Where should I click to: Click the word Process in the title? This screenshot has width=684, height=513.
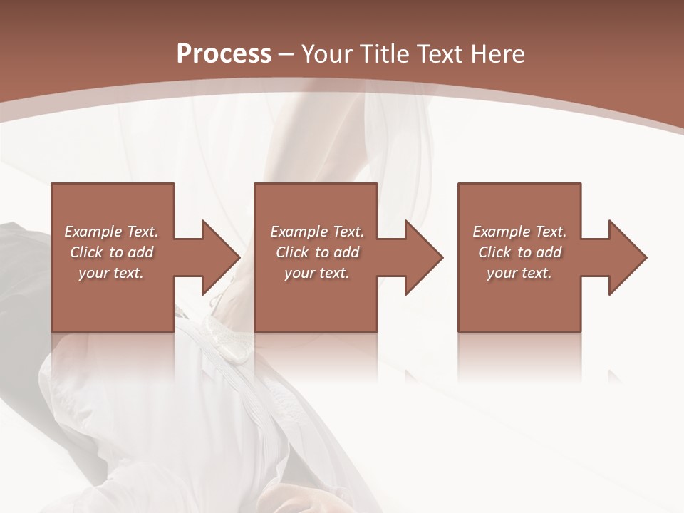click(x=224, y=54)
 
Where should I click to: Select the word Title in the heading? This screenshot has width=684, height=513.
click(x=384, y=54)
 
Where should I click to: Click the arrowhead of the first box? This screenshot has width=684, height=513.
click(x=218, y=257)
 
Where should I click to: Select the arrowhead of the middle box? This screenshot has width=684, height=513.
click(x=422, y=257)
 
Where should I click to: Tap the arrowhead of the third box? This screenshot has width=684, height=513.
click(x=626, y=257)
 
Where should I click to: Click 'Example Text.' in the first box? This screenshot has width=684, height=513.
click(x=111, y=232)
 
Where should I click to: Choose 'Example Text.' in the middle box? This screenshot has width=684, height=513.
click(x=317, y=232)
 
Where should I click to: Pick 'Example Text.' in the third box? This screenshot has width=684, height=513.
click(x=519, y=232)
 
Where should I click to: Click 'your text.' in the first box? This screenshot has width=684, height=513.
click(x=111, y=273)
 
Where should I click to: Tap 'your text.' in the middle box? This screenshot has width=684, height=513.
click(x=317, y=273)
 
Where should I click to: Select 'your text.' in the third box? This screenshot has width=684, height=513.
click(x=519, y=273)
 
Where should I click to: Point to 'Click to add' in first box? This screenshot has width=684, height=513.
click(x=111, y=252)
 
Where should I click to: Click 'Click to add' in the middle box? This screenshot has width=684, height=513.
click(x=317, y=252)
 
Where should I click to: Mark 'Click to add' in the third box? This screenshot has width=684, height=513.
click(x=519, y=252)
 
